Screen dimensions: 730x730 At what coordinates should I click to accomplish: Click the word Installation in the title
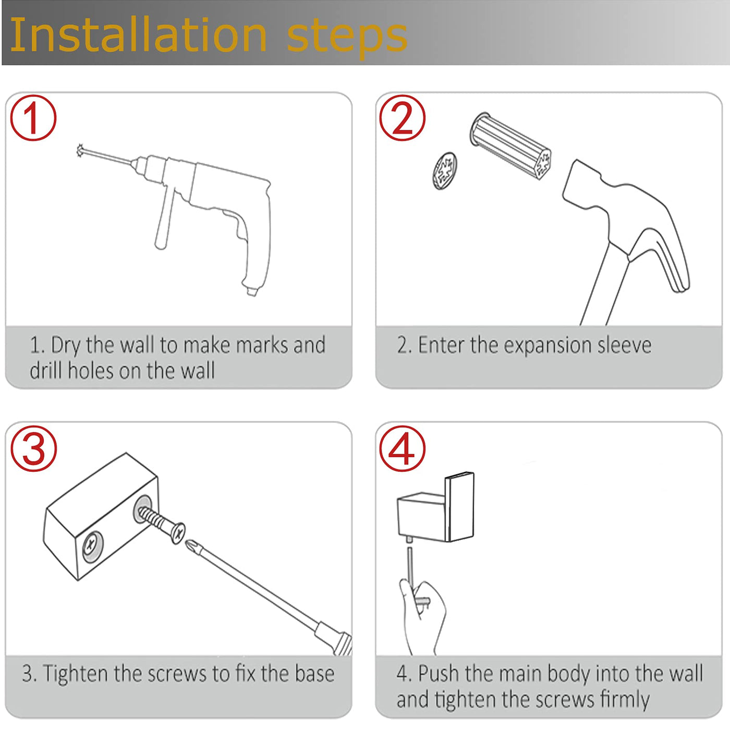click(x=139, y=35)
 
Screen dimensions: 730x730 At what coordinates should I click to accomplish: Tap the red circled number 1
click(x=33, y=118)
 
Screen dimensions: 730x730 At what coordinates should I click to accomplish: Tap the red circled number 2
click(x=403, y=118)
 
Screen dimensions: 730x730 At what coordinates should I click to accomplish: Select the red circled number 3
click(x=33, y=448)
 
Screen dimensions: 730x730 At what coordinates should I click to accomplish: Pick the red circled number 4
click(x=403, y=448)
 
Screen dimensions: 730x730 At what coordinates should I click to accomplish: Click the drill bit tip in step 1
click(x=80, y=150)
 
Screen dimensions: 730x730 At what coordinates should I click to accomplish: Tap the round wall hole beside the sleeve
click(x=445, y=171)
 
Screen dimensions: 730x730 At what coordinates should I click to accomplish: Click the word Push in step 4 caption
click(x=439, y=674)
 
